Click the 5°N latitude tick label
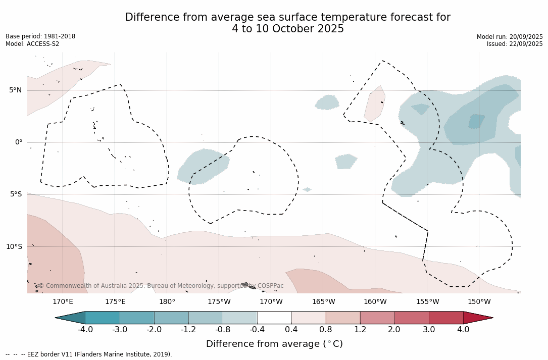pyautogui.click(x=15, y=90)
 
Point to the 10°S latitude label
pyautogui.click(x=14, y=247)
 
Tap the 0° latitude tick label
pyautogui.click(x=18, y=142)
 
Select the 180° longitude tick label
pyautogui.click(x=167, y=302)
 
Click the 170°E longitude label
pyautogui.click(x=63, y=302)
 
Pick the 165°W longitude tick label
pyautogui.click(x=323, y=302)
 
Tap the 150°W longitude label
pyautogui.click(x=479, y=302)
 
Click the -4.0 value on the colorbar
pyautogui.click(x=85, y=330)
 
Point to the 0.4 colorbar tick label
pyautogui.click(x=291, y=330)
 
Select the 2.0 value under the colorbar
pyautogui.click(x=394, y=330)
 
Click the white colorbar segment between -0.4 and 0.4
pyautogui.click(x=274, y=318)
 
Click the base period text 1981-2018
pyautogui.click(x=59, y=37)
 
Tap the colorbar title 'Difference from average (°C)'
pyautogui.click(x=274, y=344)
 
